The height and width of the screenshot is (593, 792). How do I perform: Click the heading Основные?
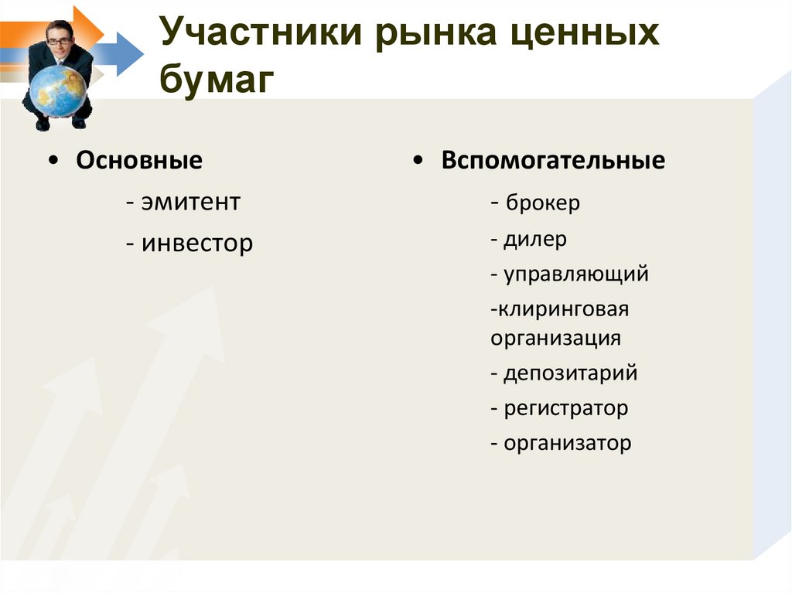139,161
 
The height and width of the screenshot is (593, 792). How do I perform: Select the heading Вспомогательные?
553,161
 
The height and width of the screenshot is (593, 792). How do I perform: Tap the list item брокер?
543,203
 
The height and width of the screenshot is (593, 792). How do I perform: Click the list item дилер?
535,239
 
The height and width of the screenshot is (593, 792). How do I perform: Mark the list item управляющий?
576,274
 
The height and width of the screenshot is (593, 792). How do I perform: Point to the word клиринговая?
562,309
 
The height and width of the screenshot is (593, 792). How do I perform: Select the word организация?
555,338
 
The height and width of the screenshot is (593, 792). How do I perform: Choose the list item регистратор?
566,408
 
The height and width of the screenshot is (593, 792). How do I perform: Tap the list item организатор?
568,444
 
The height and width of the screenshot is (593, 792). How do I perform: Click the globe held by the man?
58,90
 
